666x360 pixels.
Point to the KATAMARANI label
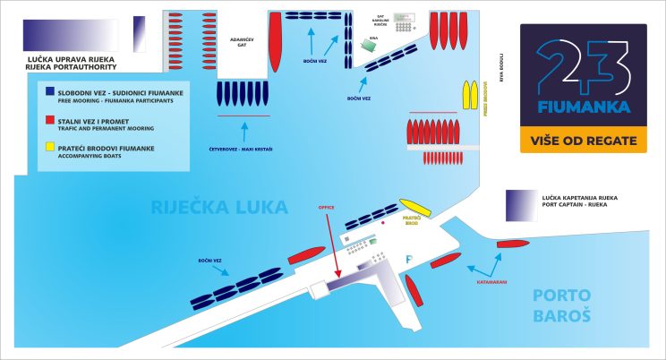coord(491,281)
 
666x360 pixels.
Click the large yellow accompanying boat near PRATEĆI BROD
coord(414,208)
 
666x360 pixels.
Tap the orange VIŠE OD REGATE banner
coord(583,140)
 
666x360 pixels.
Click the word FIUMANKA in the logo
coord(583,107)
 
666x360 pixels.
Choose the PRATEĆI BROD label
coord(411,220)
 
